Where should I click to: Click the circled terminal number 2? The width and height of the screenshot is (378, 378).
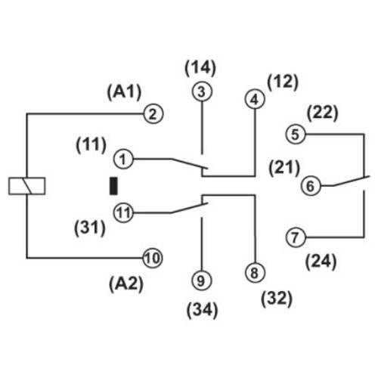[153, 115]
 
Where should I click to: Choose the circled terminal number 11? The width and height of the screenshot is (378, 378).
[124, 212]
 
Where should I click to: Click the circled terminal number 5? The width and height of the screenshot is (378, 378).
[296, 135]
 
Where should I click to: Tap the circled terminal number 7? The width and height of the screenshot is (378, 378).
[296, 237]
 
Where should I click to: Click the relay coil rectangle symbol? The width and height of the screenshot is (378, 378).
[26, 186]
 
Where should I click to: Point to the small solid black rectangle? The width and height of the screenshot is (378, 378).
[114, 185]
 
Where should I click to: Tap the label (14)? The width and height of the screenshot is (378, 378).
[200, 67]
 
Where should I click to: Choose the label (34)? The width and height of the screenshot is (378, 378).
[200, 310]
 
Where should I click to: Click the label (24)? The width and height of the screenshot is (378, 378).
[321, 263]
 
